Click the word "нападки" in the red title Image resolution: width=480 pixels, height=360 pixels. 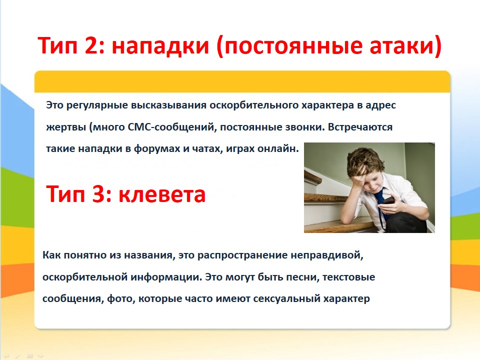pyautogui.click(x=160, y=45)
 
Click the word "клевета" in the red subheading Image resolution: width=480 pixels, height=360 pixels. pyautogui.click(x=162, y=194)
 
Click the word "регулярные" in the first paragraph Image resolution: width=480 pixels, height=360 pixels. pyautogui.click(x=96, y=105)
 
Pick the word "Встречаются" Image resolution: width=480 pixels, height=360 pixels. pyautogui.click(x=360, y=126)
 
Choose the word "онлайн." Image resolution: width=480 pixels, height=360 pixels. pyautogui.click(x=278, y=149)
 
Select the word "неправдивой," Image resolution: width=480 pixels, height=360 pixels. pyautogui.click(x=327, y=255)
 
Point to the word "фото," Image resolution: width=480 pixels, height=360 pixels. pyautogui.click(x=121, y=299)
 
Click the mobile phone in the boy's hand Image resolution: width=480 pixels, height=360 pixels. pyautogui.click(x=388, y=201)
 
